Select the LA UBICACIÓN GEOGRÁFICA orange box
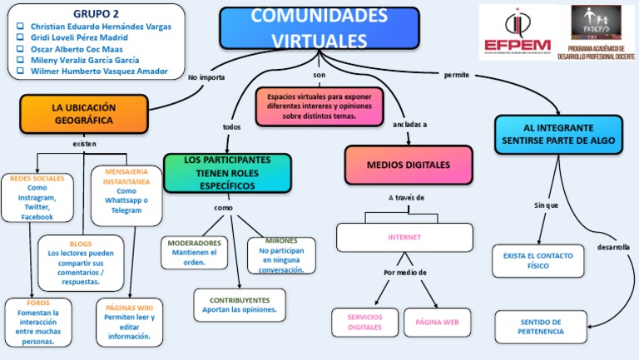pyautogui.click(x=83, y=114)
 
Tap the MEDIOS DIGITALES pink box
pyautogui.click(x=408, y=165)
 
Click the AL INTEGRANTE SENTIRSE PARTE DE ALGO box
pyautogui.click(x=558, y=135)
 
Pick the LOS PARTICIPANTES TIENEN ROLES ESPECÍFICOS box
pyautogui.click(x=227, y=173)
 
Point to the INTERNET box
pyautogui.click(x=404, y=237)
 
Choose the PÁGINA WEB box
pyautogui.click(x=438, y=322)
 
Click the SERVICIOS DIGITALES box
pyautogui.click(x=364, y=322)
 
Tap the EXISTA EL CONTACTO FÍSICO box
pyautogui.click(x=537, y=261)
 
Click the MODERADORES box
pyautogui.click(x=194, y=252)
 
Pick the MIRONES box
pyautogui.click(x=281, y=255)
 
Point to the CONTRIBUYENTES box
pyautogui.click(x=240, y=304)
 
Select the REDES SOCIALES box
pyautogui.click(x=37, y=197)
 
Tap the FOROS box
pyautogui.click(x=38, y=322)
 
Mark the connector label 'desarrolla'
pyautogui.click(x=613, y=247)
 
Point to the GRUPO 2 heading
pyautogui.click(x=96, y=14)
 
